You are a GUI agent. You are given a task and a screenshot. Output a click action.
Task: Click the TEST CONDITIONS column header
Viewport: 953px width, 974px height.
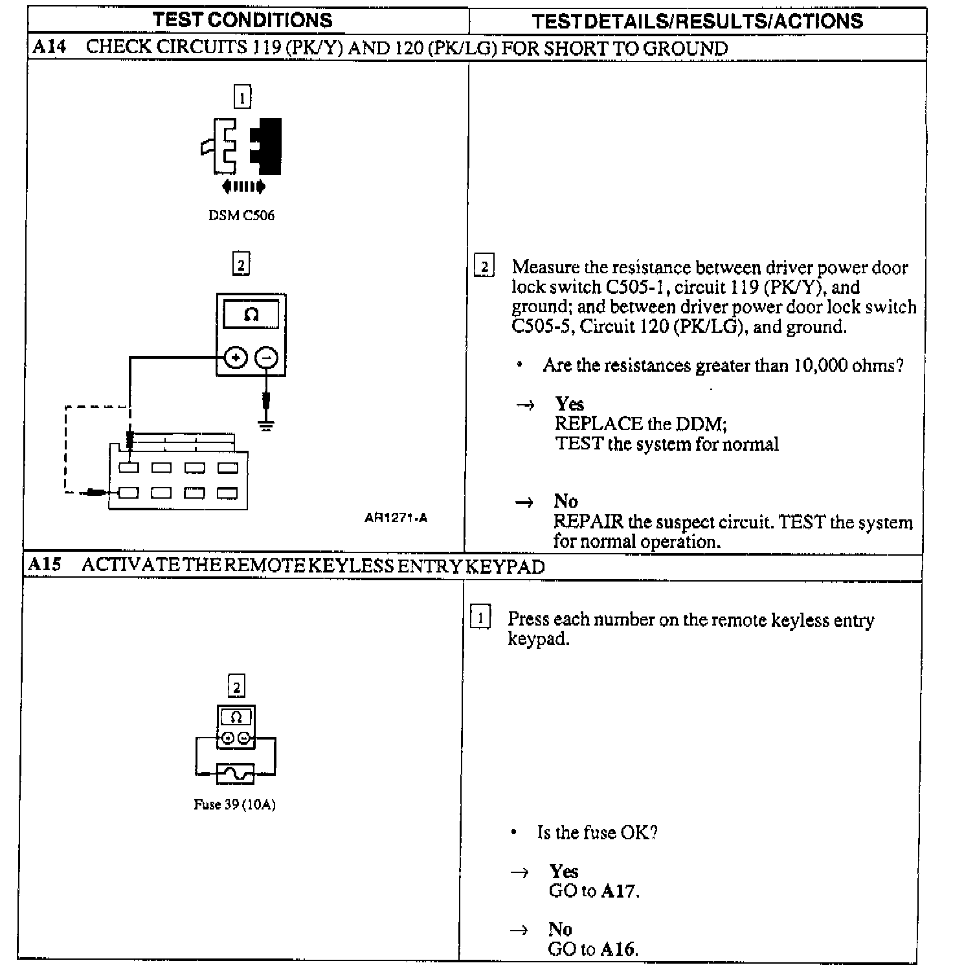pos(243,19)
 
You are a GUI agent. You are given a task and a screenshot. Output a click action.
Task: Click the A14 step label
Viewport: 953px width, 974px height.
pos(49,47)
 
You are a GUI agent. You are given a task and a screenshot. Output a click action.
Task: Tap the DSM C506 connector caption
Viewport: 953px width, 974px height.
pos(241,216)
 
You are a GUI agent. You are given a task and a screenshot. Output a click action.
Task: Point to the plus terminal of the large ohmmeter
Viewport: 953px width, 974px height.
pos(236,357)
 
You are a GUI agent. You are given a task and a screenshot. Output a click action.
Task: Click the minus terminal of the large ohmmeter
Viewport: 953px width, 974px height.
pos(266,357)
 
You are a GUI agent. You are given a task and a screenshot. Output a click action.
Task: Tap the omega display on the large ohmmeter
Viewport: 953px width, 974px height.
pos(251,315)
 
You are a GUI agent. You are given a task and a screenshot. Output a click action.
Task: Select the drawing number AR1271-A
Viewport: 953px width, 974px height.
pos(396,517)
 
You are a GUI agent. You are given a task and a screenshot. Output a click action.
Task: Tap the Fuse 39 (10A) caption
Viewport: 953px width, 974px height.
pos(234,805)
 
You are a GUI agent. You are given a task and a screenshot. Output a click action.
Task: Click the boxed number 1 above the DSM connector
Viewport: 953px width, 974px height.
pos(242,98)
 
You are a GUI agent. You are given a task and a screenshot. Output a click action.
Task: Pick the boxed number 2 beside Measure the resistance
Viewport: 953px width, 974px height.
pos(484,266)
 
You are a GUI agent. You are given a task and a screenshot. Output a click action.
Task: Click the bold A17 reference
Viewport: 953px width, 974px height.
pos(618,892)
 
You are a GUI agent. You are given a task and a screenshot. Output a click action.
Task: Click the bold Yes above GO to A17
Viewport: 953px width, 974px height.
pos(563,871)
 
